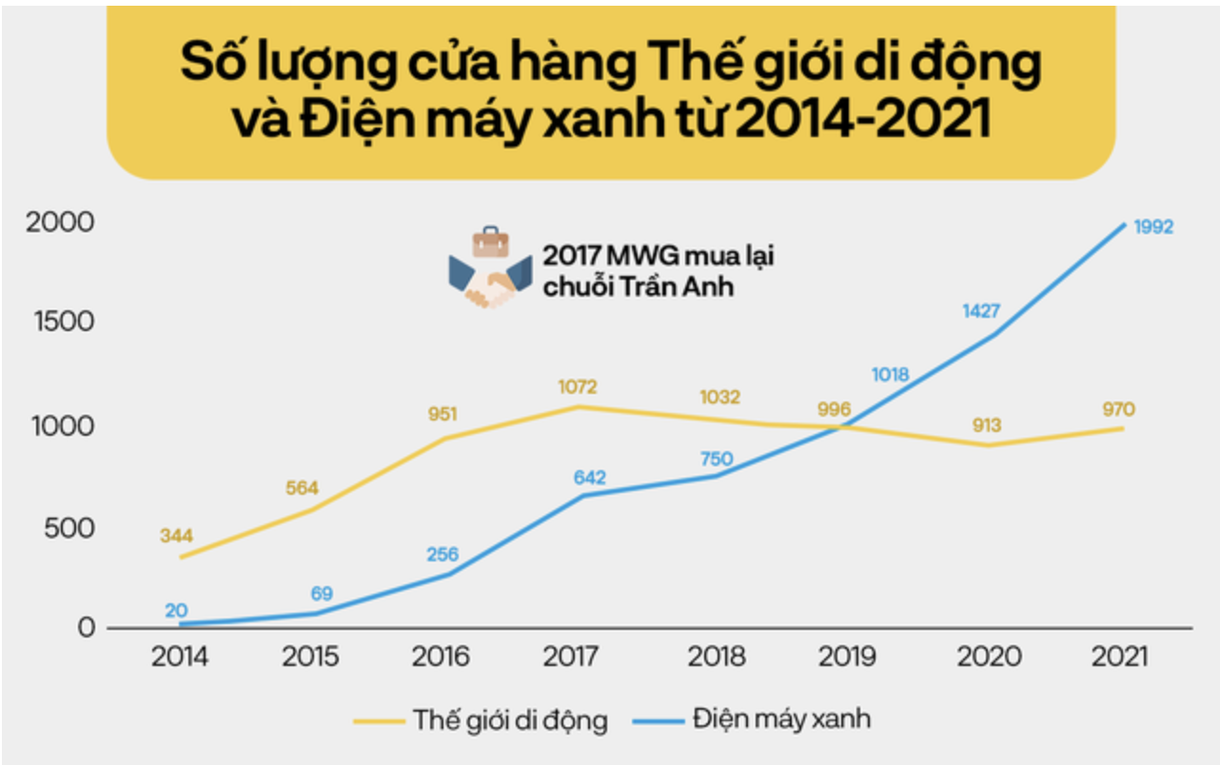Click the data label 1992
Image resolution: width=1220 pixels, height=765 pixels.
pos(1153,227)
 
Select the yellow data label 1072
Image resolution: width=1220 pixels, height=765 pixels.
pos(578,387)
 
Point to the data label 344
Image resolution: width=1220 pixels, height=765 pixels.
pos(176,536)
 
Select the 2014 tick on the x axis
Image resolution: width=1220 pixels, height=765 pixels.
pos(181,657)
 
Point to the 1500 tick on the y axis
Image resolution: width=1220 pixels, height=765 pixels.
pos(63,322)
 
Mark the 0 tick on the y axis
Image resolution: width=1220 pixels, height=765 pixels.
pos(86,628)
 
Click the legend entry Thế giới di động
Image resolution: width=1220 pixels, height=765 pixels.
pos(509,719)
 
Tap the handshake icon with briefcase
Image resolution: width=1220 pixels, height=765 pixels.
pos(490,269)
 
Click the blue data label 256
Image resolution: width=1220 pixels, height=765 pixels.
pos(443,555)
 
